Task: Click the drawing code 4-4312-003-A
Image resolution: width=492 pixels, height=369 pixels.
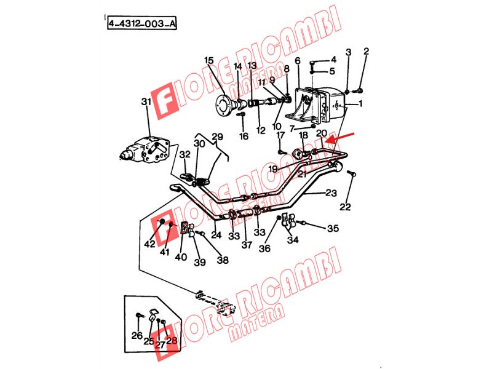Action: [142, 23]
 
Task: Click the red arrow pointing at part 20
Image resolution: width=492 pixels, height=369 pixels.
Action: [339, 138]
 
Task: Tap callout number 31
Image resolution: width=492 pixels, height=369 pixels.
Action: [146, 101]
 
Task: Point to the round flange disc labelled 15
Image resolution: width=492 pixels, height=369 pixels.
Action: [224, 104]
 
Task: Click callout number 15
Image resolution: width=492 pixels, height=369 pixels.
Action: [208, 60]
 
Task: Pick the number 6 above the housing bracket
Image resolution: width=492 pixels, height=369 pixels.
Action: [298, 60]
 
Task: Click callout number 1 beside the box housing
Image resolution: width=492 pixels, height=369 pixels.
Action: [360, 103]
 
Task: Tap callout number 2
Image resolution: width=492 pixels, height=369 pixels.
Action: [366, 51]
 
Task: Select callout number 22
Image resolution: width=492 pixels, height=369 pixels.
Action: [345, 207]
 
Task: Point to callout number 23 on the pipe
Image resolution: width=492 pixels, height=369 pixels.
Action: [331, 192]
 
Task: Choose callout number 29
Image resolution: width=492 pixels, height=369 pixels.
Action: [217, 137]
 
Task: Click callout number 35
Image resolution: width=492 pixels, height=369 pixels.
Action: [333, 228]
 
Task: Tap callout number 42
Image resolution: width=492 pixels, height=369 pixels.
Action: [149, 244]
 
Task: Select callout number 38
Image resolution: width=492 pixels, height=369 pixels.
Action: [223, 260]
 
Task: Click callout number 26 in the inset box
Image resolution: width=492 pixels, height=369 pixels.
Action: [137, 335]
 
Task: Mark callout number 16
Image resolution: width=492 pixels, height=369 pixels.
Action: [244, 136]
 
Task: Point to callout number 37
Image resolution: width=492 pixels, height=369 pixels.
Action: [247, 245]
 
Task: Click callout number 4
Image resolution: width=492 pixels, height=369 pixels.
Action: [333, 59]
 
